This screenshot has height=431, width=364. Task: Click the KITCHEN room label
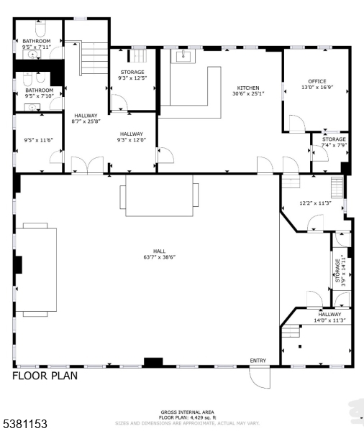pyautogui.click(x=248, y=88)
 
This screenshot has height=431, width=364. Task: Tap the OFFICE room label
pyautogui.click(x=317, y=81)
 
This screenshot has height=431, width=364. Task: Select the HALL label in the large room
pyautogui.click(x=149, y=251)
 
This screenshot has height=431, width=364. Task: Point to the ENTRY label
pyautogui.click(x=258, y=361)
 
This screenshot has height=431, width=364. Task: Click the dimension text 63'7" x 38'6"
pyautogui.click(x=149, y=257)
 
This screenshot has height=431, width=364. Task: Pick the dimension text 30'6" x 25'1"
pyautogui.click(x=248, y=93)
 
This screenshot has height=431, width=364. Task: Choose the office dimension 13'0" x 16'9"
pyautogui.click(x=317, y=88)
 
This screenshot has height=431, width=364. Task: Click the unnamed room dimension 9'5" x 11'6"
pyautogui.click(x=38, y=140)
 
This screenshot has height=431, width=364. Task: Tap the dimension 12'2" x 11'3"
pyautogui.click(x=315, y=203)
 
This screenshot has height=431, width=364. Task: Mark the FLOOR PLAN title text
pyautogui.click(x=45, y=375)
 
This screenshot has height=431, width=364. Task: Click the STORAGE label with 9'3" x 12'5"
pyautogui.click(x=132, y=72)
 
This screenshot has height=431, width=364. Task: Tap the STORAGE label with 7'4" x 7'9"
pyautogui.click(x=333, y=139)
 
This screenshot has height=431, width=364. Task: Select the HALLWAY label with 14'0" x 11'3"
pyautogui.click(x=330, y=314)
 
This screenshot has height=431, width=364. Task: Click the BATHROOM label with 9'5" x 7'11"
pyautogui.click(x=37, y=42)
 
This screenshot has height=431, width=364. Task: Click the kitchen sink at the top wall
pyautogui.click(x=183, y=55)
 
